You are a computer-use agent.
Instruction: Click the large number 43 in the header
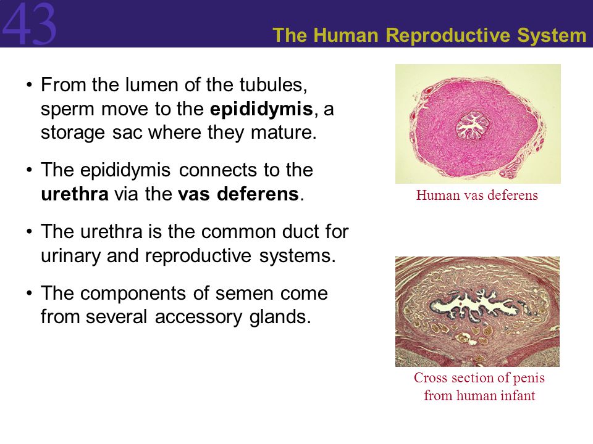point(29,23)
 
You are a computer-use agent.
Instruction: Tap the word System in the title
point(552,36)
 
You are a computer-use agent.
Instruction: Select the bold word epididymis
point(261,110)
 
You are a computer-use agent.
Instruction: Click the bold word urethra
point(75,194)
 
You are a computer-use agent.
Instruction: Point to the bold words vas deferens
point(238,194)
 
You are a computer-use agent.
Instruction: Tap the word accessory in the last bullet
point(199,318)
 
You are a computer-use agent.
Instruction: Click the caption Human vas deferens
point(477,195)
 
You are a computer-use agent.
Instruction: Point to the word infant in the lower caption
point(518,395)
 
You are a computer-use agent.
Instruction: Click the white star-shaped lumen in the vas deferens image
point(471,125)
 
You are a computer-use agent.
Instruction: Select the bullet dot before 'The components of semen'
point(30,294)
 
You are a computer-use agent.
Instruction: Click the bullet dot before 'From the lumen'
point(30,84)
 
